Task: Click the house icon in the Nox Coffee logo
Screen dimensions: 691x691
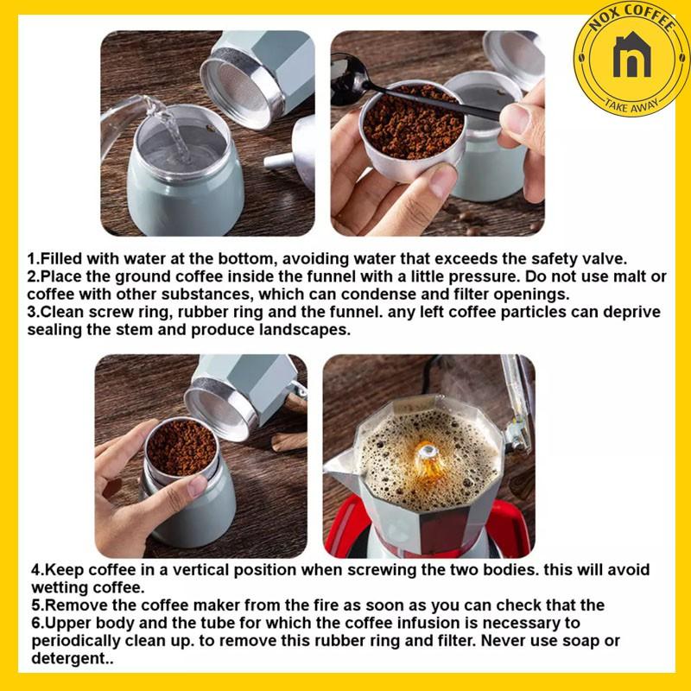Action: (632, 54)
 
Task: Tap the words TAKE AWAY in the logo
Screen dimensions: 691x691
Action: (632, 105)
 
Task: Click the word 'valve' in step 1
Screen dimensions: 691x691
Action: (606, 258)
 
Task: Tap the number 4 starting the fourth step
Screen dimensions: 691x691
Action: (35, 570)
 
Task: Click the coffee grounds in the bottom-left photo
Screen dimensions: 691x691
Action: (181, 447)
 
